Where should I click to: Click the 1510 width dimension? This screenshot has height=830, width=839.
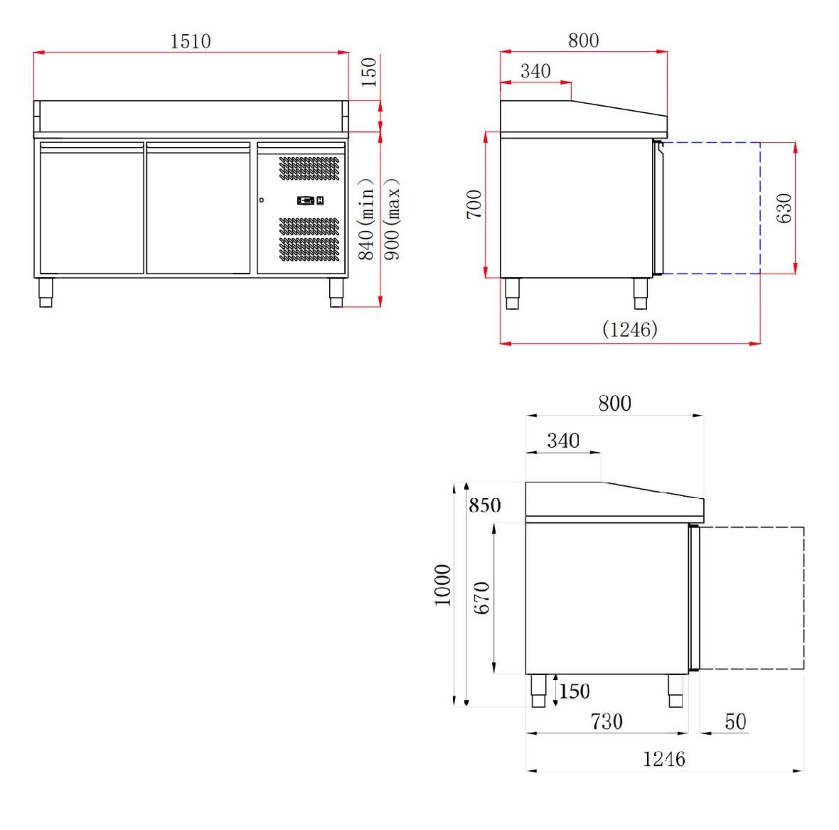pos(190,42)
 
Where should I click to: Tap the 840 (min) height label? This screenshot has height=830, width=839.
pos(366,219)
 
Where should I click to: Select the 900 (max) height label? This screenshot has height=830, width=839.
pos(393,219)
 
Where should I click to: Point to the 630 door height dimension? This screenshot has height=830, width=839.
pos(784,208)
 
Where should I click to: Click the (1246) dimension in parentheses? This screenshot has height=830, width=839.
pos(630,330)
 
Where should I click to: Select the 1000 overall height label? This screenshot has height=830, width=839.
pos(443,585)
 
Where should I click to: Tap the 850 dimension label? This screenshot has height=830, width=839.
pos(485,505)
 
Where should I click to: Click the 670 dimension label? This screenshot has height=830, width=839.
pos(482,598)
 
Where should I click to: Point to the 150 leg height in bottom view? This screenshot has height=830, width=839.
pos(574,691)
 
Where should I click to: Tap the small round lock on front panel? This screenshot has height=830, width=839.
pos(261,200)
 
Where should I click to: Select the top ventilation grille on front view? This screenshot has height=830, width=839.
pos(309,168)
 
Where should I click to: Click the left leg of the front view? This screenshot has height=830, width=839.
pos(46,293)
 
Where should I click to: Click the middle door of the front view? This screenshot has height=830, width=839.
pos(198,208)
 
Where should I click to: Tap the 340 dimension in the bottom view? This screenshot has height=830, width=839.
pos(563,441)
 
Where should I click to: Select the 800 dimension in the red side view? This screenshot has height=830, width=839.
pos(583,41)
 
